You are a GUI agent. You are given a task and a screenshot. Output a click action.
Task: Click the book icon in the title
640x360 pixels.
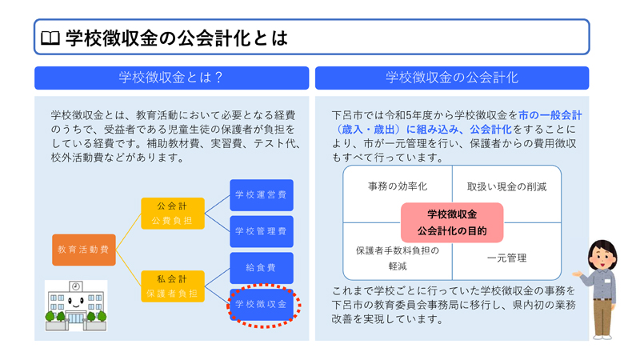pos(50,38)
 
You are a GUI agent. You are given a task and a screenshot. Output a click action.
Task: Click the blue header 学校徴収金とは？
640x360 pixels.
pos(170,78)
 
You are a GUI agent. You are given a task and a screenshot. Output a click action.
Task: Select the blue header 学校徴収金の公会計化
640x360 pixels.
pos(452,78)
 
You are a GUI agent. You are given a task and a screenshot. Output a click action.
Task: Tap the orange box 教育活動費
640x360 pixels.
pos(83,250)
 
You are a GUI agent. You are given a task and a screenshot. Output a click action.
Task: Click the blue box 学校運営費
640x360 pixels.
pos(261,194)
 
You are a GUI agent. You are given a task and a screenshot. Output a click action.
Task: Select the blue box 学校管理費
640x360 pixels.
pos(261,231)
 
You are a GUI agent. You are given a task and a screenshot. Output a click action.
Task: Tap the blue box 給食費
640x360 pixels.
pos(261,268)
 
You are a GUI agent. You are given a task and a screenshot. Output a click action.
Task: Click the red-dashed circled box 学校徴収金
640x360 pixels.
pos(261,305)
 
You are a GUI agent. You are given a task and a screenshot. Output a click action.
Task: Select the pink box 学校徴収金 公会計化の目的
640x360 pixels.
pos(452,222)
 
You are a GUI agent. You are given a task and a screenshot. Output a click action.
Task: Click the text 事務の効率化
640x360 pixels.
pos(398,186)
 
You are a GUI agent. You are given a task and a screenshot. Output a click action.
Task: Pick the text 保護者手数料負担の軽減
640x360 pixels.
pos(398,258)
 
